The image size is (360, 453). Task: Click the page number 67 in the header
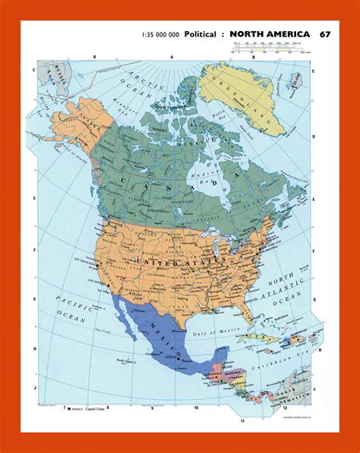coord(324,34)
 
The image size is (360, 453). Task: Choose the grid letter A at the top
coord(173,58)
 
